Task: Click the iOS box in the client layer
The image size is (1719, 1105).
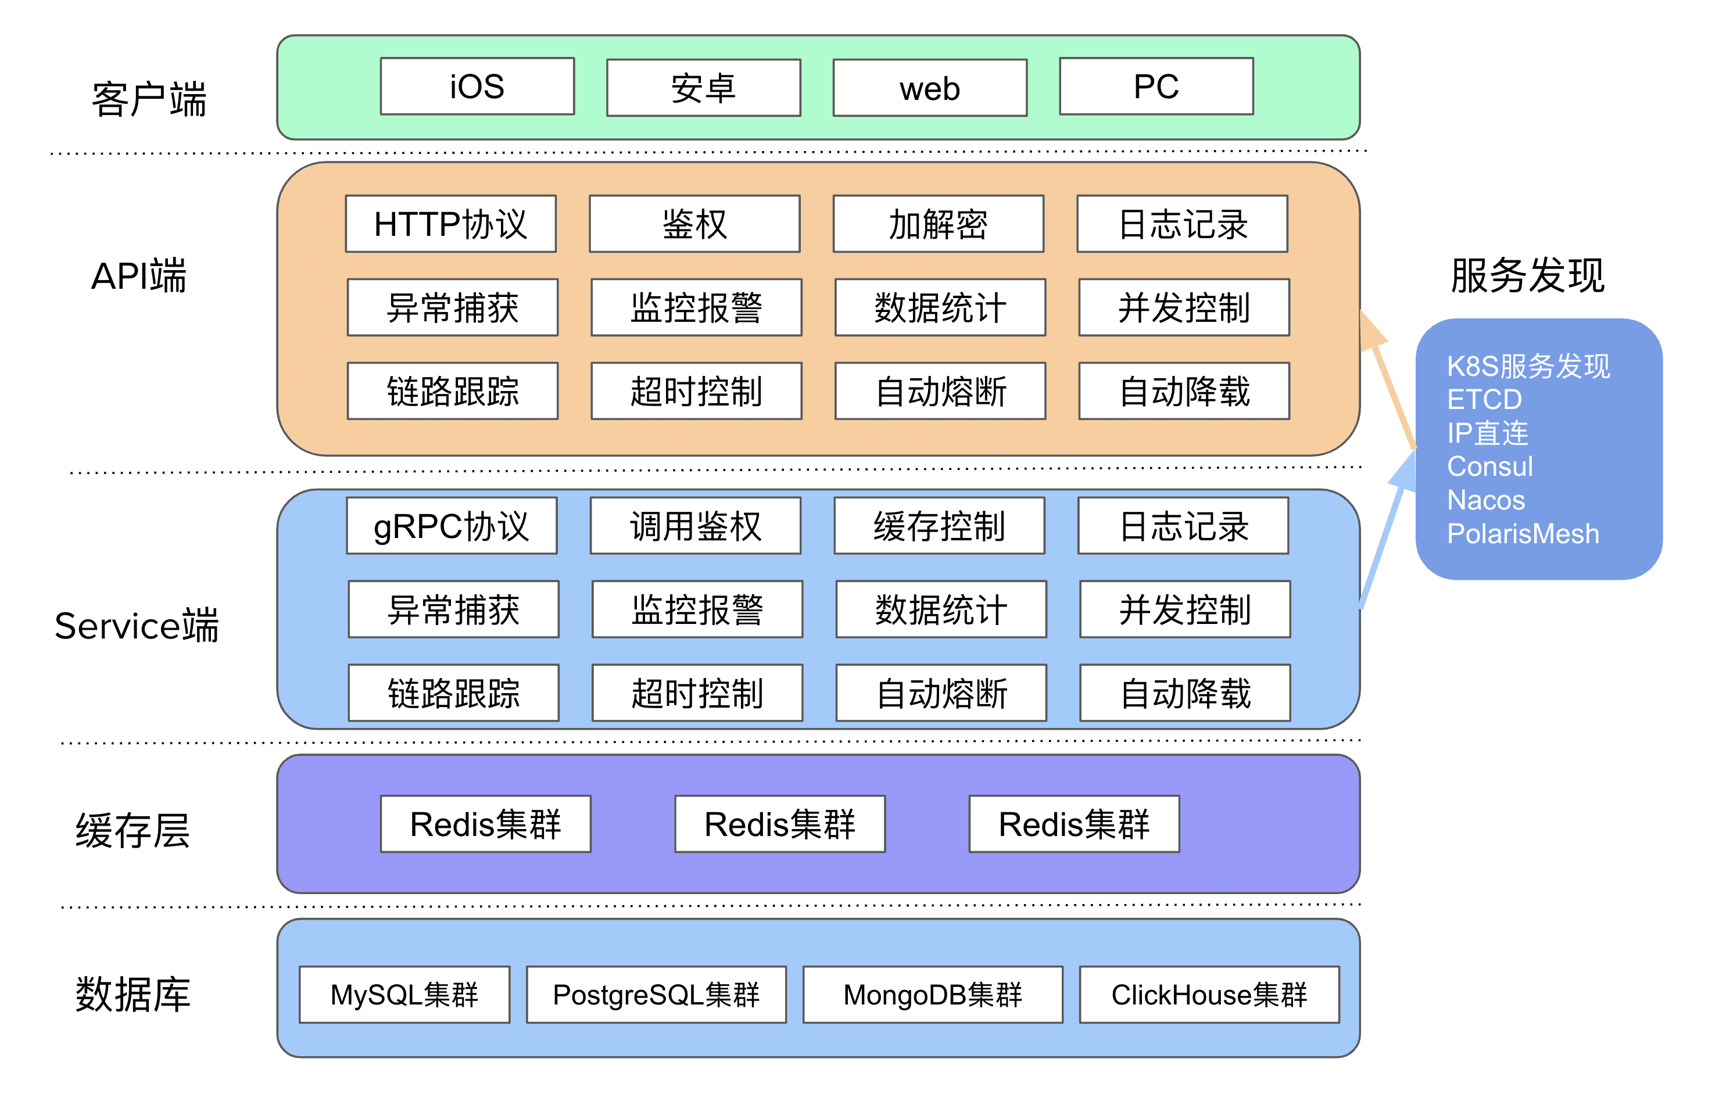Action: click(477, 86)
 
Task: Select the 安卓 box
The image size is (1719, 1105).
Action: click(703, 88)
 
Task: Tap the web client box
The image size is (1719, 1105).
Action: click(929, 88)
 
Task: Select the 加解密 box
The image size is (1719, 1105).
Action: click(937, 224)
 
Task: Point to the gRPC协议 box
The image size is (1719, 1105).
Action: click(451, 526)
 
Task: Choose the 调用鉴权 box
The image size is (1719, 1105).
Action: click(695, 526)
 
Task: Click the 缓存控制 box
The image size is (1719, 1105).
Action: click(938, 526)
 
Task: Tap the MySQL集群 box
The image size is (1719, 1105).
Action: click(404, 995)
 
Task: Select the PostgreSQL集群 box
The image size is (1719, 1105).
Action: click(656, 995)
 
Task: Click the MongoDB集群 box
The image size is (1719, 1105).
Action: click(932, 995)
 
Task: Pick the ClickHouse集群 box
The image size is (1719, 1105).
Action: click(1209, 995)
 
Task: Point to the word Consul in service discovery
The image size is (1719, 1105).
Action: click(1489, 467)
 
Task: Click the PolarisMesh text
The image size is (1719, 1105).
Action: click(1523, 534)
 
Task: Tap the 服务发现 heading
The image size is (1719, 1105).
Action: click(1527, 275)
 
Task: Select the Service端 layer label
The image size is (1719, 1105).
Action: click(137, 626)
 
